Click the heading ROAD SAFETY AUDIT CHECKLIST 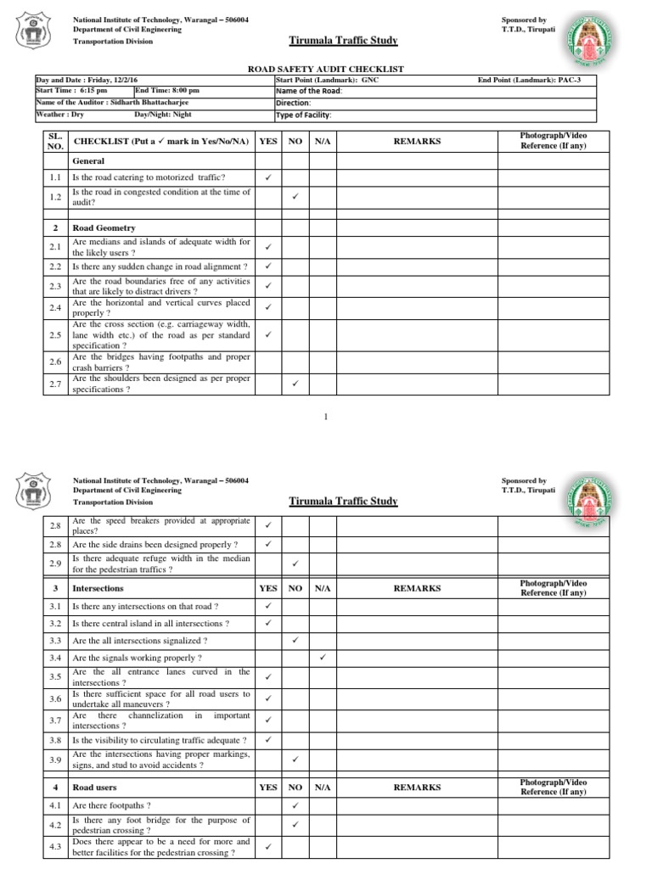coord(326,69)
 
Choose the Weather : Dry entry coord(59,115)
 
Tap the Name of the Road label coord(306,92)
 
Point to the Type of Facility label coord(303,115)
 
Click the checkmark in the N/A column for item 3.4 coord(323,657)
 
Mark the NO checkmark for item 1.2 coord(295,197)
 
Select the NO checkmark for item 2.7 coord(295,384)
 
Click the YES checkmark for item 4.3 coord(267,846)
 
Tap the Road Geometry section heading coord(104,228)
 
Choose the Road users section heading coord(94,788)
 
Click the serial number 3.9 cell coord(55,760)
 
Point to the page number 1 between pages coord(326,417)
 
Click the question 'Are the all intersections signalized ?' coord(140,640)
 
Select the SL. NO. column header coord(55,141)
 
